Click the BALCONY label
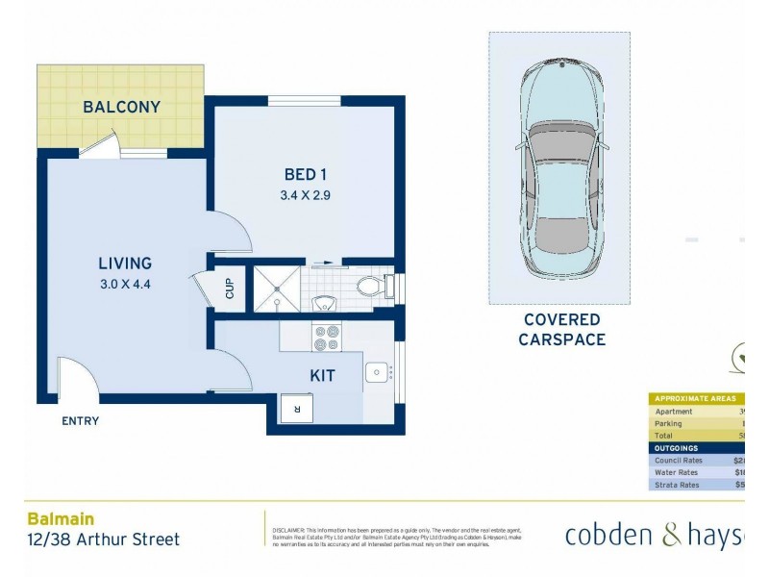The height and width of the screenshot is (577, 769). point(121,107)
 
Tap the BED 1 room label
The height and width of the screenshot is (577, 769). point(306,174)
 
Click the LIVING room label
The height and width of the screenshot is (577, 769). point(125,263)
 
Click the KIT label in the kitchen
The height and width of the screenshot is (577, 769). point(322,376)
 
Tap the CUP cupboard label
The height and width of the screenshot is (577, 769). point(231,288)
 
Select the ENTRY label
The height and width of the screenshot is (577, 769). point(80,421)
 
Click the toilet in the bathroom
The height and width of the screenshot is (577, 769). point(371,286)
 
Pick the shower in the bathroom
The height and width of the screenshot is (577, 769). point(276,289)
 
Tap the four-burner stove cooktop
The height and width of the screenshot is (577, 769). point(327,338)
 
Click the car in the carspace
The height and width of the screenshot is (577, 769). point(559,169)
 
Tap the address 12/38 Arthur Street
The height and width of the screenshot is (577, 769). point(103,539)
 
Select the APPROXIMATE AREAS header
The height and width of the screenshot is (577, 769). point(694,398)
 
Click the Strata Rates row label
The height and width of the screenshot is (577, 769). point(678,485)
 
